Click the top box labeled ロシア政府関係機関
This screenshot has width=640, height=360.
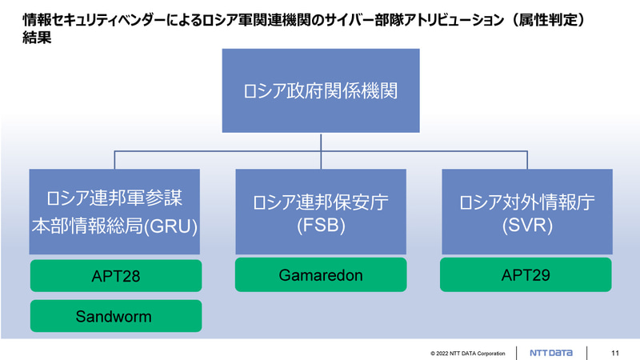click(x=320, y=90)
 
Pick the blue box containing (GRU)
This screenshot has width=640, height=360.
click(x=115, y=212)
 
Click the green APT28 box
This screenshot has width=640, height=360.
click(x=115, y=277)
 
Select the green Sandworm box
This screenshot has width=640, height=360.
click(x=115, y=316)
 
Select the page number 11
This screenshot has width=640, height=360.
click(x=614, y=353)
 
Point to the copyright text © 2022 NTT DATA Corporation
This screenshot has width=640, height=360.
click(x=468, y=353)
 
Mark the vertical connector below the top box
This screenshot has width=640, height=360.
click(x=320, y=142)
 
